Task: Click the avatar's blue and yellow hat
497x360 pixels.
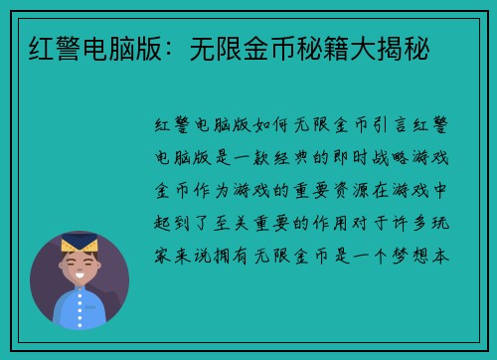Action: tap(79, 241)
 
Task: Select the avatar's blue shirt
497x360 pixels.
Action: tap(79, 310)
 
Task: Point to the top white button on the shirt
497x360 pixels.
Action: tap(79, 303)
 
